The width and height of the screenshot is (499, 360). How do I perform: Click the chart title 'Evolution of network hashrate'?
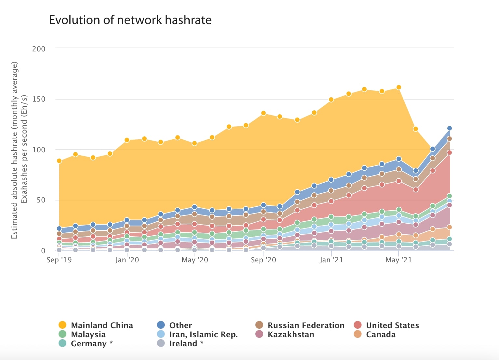[130, 20]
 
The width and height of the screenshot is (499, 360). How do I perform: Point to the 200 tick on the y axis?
[39, 49]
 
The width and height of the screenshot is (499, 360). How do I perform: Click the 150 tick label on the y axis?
[39, 99]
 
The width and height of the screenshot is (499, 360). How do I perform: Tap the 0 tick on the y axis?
[43, 251]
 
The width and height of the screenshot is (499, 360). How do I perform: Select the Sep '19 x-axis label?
[59, 260]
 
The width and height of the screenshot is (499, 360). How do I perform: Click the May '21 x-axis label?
[398, 260]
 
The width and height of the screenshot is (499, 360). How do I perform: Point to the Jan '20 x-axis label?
[127, 260]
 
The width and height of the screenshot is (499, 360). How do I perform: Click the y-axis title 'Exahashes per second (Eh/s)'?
[24, 149]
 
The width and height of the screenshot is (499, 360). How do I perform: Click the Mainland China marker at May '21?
[398, 87]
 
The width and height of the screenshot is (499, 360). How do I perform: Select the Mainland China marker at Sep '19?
[59, 161]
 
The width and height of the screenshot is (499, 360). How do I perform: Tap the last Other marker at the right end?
[450, 128]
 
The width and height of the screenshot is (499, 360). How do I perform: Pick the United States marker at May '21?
[398, 181]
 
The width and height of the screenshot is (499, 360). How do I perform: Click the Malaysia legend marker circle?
[62, 334]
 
